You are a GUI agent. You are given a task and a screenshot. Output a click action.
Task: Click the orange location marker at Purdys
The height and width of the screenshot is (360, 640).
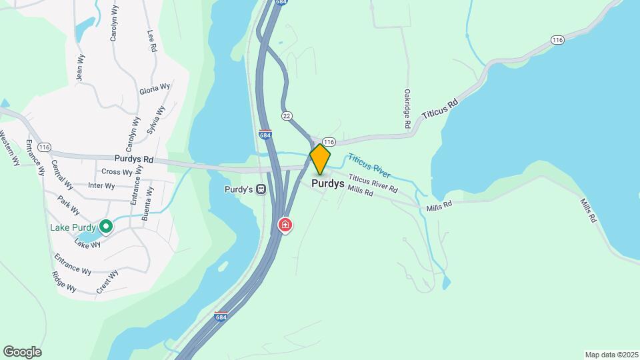[x=320, y=159]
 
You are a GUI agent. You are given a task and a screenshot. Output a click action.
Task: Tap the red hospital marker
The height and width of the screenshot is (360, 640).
[x=285, y=225]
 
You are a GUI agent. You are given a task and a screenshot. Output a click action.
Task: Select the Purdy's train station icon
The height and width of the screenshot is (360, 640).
[x=261, y=189]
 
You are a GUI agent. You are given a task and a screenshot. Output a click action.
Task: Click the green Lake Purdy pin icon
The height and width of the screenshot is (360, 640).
[x=105, y=227]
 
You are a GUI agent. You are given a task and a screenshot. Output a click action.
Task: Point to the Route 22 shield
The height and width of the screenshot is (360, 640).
[x=287, y=115]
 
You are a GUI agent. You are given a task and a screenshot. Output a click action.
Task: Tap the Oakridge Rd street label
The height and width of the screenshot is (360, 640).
[x=406, y=109]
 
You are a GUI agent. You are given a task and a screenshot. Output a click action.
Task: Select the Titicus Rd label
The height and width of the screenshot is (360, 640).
[x=440, y=111]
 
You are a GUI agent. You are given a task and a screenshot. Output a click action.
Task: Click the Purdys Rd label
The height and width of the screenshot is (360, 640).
[x=134, y=160]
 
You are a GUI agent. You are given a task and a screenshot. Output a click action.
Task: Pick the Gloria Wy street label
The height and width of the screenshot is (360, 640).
[x=155, y=88]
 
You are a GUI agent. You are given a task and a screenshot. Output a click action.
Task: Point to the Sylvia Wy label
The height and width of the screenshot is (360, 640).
[x=155, y=120]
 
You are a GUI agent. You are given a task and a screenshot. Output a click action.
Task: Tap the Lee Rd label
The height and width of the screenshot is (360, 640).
[x=153, y=40]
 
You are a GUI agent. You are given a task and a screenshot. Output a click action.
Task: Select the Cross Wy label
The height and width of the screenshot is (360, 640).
[x=117, y=172]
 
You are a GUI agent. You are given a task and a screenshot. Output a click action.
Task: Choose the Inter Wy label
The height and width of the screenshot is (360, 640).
[x=101, y=186]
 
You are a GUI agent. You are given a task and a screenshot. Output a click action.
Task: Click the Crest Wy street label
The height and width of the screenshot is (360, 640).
[x=107, y=281]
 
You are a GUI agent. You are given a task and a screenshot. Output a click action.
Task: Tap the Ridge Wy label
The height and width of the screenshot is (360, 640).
[x=64, y=283]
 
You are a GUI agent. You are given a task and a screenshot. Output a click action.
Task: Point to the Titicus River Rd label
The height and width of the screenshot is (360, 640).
[x=373, y=184]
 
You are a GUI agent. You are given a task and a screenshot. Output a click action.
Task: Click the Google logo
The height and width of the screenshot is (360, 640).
[x=22, y=352]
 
